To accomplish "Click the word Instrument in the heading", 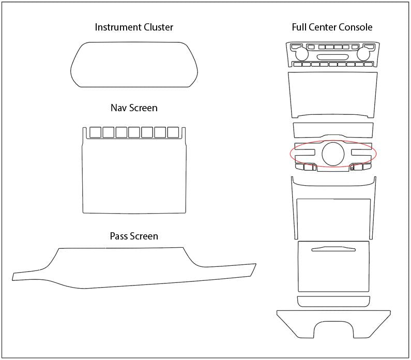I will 116,27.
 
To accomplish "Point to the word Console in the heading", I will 355,27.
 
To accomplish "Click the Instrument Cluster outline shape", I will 134,65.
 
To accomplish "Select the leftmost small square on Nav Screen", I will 96,132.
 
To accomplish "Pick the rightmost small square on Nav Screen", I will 173,132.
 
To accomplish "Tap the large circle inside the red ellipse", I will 333,154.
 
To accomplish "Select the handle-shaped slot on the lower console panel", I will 333,250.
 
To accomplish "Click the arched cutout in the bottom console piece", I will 333,329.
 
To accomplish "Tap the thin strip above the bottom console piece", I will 333,302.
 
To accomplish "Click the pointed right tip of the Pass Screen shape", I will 253,267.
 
